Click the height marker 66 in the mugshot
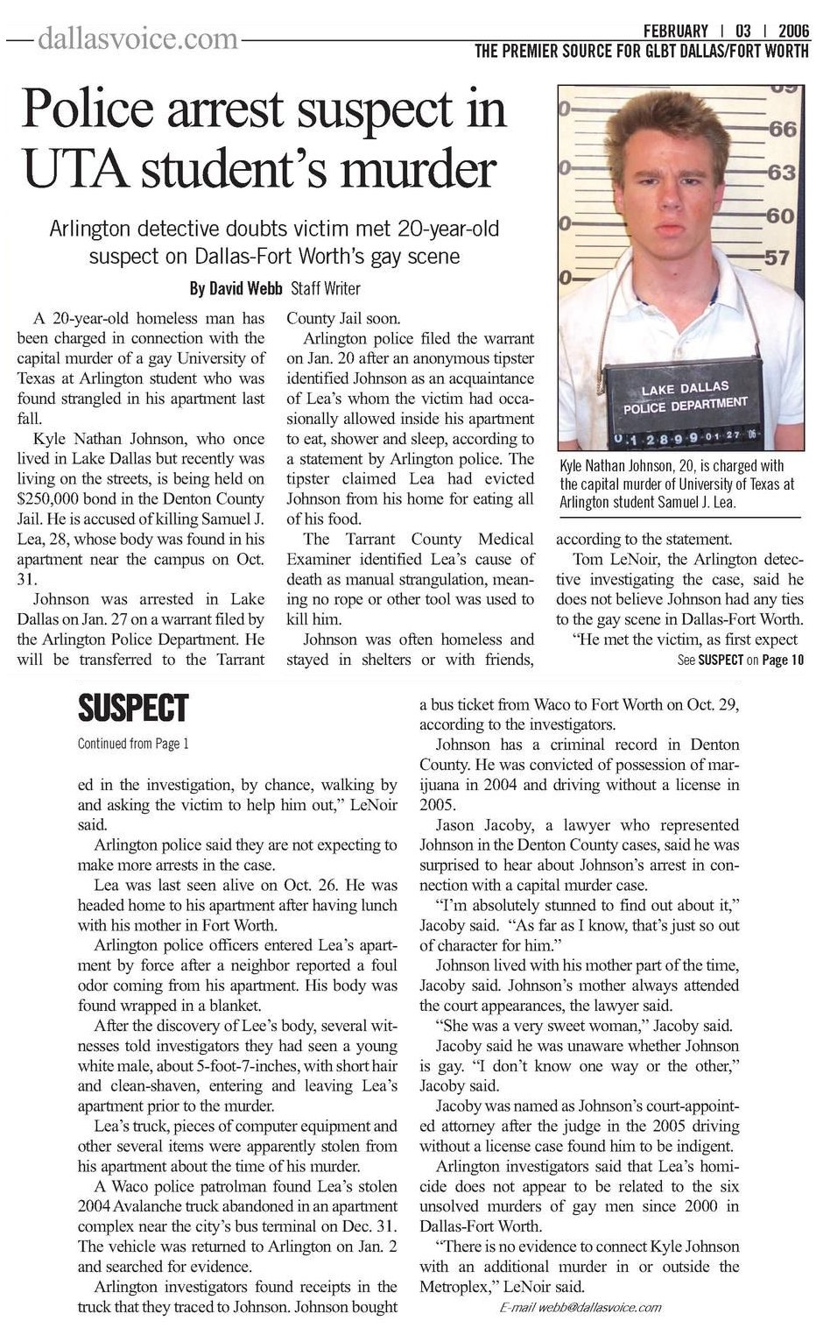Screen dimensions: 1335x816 (x=782, y=130)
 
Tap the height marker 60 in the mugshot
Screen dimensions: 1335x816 (x=779, y=215)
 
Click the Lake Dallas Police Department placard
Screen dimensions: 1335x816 (x=685, y=399)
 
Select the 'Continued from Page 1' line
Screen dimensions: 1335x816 (x=133, y=744)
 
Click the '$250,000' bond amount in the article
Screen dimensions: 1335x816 (x=53, y=498)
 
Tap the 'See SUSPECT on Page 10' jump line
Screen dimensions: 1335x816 (x=741, y=660)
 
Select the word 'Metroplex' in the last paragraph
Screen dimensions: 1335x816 (x=456, y=1286)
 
